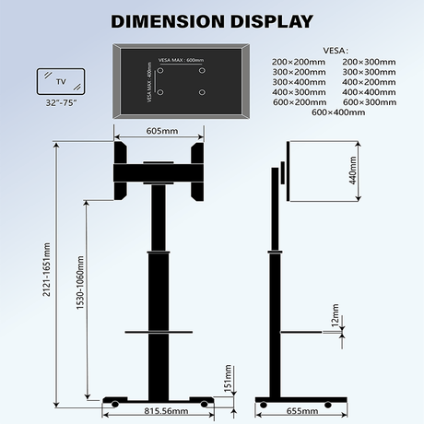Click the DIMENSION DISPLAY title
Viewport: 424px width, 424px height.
pos(211,20)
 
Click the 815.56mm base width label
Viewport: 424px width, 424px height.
pos(166,412)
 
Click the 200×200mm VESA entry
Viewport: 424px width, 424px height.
pos(300,62)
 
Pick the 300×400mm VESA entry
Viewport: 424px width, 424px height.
pos(300,82)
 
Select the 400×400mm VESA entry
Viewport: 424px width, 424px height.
pos(369,92)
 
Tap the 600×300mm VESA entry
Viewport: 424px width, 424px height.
pos(369,102)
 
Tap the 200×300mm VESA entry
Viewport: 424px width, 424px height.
pos(369,62)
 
